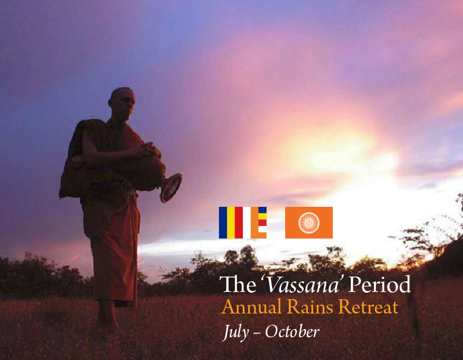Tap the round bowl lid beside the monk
point(171,188)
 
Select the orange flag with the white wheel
point(309,222)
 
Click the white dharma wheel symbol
point(309,223)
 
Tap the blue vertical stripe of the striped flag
point(223,222)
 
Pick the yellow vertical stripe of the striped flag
point(231,222)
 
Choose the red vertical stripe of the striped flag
point(239,222)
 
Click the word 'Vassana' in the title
point(302,284)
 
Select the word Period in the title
point(379,284)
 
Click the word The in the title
point(239,284)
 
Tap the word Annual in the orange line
point(251,307)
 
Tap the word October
point(292,331)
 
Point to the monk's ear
point(110,103)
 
